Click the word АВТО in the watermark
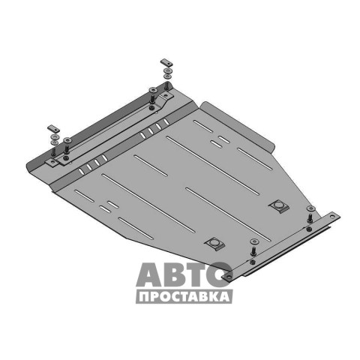184,274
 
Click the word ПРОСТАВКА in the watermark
184,297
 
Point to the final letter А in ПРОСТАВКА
224,297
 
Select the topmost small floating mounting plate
166,62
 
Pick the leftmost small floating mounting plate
53,128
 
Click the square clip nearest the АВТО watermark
215,243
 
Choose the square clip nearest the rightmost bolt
279,206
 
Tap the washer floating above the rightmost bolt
310,208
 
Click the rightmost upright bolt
310,218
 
